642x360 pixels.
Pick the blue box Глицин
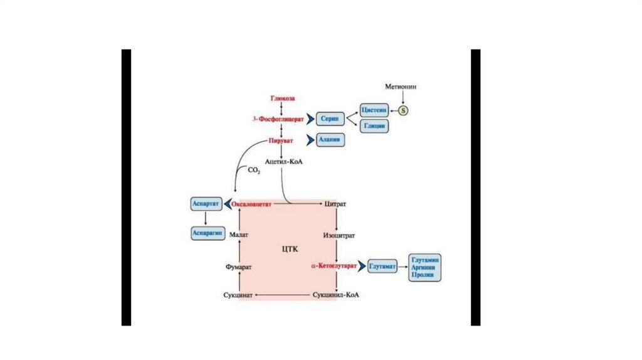374,127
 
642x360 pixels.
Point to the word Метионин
401,85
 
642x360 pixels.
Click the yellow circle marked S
404,110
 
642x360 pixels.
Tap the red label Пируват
281,140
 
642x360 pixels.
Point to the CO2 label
253,170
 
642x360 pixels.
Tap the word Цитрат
335,204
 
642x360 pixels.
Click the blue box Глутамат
383,266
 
